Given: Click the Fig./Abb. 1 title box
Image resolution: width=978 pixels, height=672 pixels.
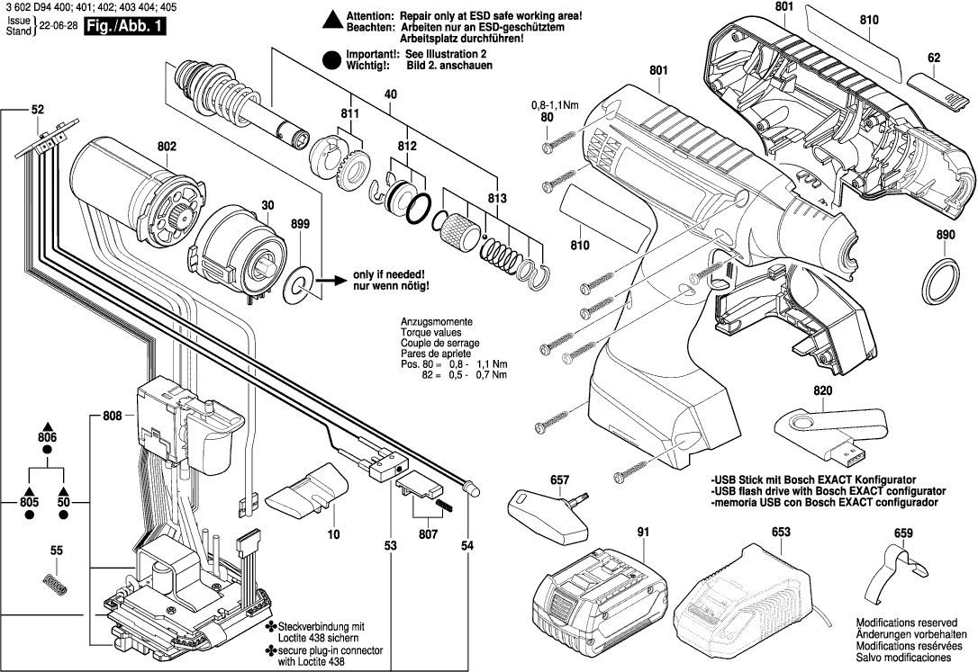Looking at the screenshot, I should pyautogui.click(x=122, y=27).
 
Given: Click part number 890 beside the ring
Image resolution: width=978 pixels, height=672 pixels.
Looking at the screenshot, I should pyautogui.click(x=945, y=235).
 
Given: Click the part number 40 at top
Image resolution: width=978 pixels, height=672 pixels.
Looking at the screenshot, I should pyautogui.click(x=390, y=94).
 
